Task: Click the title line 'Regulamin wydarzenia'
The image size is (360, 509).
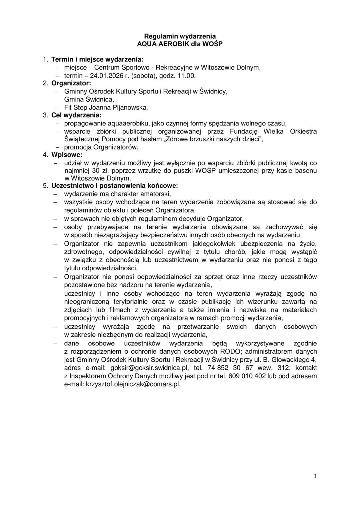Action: (x=180, y=36)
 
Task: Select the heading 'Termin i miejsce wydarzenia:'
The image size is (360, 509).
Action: (x=97, y=59)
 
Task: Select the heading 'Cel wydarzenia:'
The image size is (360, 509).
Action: (x=76, y=115)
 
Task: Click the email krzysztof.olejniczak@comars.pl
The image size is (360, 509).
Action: (x=133, y=384)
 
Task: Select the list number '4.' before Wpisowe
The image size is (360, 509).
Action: (x=45, y=154)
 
